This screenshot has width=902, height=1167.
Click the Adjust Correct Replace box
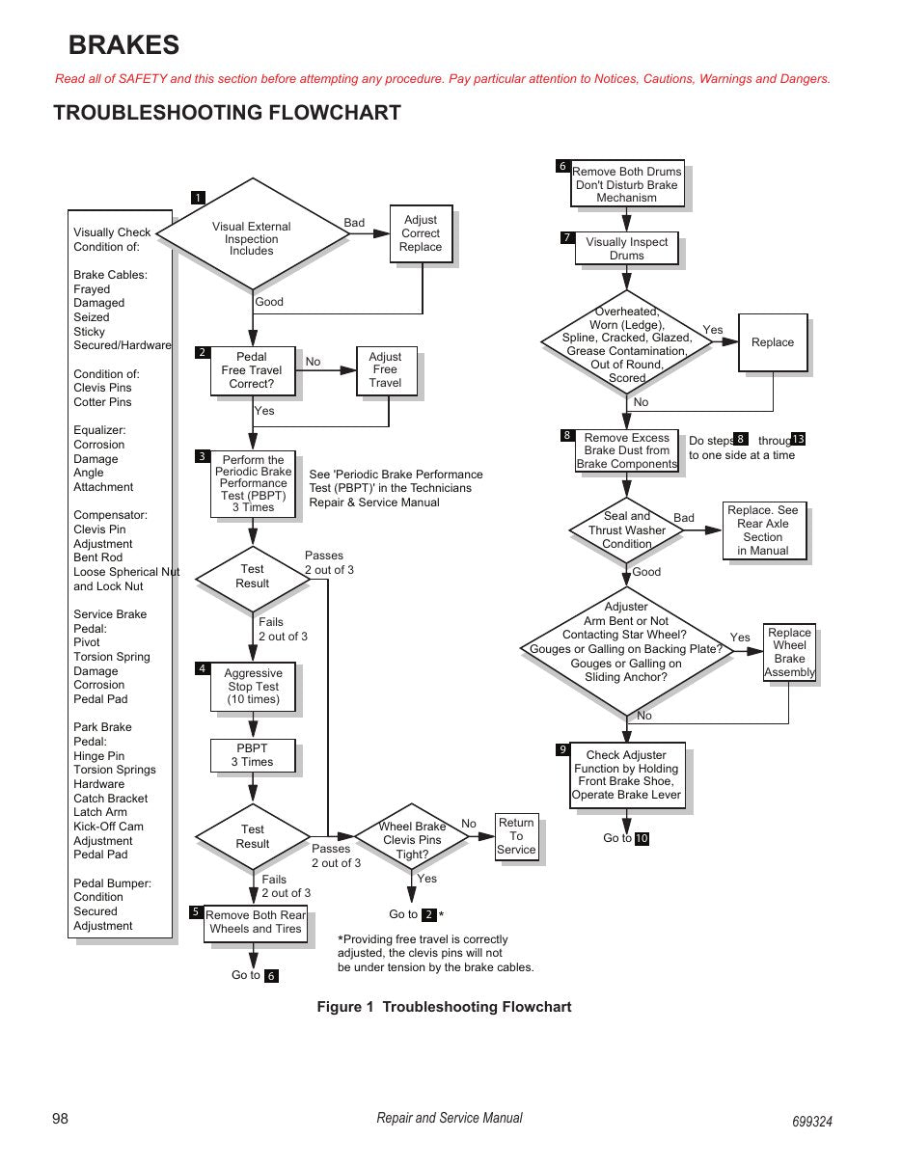422,233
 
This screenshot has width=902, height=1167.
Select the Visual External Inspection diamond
253,234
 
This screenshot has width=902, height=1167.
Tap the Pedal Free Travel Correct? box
253,370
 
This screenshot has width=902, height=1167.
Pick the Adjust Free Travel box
387,370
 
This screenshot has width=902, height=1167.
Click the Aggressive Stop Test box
253,687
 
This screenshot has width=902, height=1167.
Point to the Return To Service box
516,836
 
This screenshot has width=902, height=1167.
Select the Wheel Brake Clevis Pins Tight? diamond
412,836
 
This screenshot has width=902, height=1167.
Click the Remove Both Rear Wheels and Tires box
256,922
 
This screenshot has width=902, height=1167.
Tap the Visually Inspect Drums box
626,248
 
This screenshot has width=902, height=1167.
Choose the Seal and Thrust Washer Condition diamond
626,530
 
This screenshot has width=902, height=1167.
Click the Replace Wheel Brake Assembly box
789,653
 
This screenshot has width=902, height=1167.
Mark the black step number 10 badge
642,838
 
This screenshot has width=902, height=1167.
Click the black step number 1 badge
198,198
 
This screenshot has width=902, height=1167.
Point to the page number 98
60,1118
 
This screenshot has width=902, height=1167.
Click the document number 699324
811,1121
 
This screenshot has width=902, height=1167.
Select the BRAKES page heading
124,44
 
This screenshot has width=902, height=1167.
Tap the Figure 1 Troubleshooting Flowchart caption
444,1007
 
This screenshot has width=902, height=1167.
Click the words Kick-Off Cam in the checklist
108,827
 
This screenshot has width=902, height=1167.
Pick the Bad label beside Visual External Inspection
354,223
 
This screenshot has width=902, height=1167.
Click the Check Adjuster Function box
627,775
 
